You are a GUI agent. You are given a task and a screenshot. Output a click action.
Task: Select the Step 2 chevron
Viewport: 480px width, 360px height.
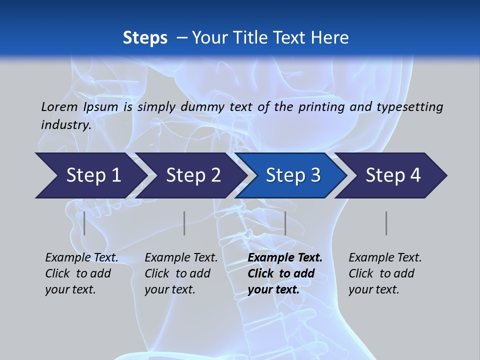(x=193, y=175)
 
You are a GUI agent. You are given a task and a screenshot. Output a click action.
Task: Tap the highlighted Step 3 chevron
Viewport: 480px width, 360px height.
(x=293, y=175)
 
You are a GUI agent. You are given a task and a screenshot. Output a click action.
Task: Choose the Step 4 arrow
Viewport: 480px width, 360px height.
(x=393, y=175)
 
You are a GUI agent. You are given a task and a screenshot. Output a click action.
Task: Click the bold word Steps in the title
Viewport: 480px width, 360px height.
(x=145, y=37)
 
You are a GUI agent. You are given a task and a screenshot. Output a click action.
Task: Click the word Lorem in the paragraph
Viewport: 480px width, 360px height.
(x=59, y=106)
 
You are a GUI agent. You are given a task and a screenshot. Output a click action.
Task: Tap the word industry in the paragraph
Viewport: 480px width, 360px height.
(x=66, y=124)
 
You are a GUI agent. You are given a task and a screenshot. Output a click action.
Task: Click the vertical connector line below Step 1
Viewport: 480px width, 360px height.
(x=84, y=223)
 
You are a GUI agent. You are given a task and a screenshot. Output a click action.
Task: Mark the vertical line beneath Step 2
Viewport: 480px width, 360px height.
(x=184, y=223)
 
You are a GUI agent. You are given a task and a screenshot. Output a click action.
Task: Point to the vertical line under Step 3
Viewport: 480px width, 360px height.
(x=285, y=223)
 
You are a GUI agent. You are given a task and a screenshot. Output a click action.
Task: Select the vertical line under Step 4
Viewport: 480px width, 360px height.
(x=386, y=223)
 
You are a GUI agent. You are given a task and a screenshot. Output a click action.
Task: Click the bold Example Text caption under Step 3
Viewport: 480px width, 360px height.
(x=285, y=273)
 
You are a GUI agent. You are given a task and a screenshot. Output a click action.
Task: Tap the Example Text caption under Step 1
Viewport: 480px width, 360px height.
(x=81, y=273)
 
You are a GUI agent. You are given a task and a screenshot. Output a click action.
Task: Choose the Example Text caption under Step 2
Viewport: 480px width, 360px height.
(x=181, y=273)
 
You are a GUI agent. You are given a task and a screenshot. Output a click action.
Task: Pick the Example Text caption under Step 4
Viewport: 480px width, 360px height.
(x=385, y=273)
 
